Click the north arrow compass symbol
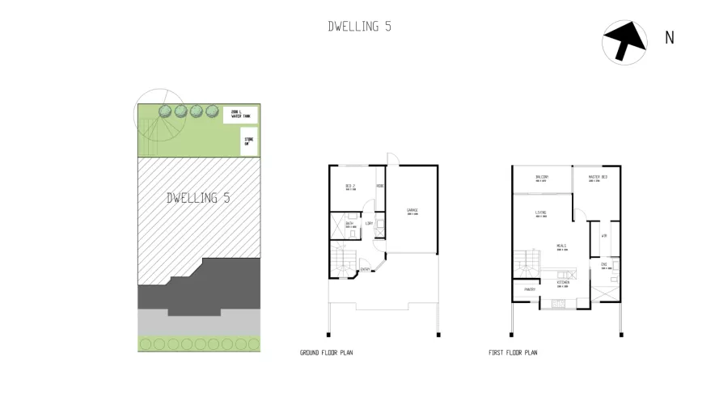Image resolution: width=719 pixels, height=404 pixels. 624,41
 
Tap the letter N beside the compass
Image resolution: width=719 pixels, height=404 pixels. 669,38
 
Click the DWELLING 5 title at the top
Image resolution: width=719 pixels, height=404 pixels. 359,26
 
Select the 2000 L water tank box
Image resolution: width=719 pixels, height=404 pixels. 240,115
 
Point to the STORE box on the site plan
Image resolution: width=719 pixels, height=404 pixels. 248,144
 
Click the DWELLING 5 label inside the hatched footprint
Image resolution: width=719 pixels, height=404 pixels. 198,198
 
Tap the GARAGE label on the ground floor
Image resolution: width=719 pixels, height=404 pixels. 412,212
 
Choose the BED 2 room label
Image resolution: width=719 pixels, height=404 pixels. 350,187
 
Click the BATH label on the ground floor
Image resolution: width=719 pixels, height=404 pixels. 350,225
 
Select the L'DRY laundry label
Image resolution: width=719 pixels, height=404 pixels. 369,223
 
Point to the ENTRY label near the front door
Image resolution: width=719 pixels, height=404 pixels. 365,270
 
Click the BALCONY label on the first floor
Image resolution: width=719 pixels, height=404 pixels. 542,178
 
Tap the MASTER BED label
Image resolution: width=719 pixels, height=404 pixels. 598,178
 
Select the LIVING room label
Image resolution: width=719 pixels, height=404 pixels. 540,213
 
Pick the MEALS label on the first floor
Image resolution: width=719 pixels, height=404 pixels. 560,246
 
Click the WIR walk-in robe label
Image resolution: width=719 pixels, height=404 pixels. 604,236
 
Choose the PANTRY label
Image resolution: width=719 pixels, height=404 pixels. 530,288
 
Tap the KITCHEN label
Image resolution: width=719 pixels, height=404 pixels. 563,284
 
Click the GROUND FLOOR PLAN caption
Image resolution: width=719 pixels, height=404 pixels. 326,353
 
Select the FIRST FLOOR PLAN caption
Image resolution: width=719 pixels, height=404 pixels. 513,353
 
